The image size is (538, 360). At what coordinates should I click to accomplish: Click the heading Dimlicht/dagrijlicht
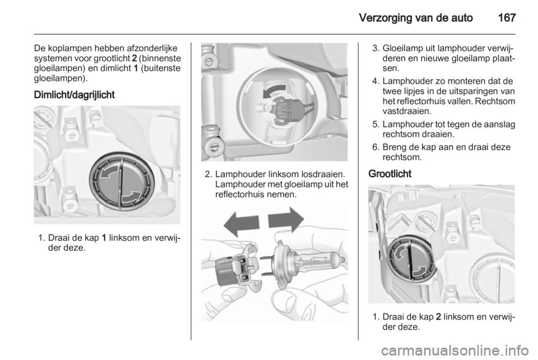74,95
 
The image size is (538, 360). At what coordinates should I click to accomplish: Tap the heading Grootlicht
390,174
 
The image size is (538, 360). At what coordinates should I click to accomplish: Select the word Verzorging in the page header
384,17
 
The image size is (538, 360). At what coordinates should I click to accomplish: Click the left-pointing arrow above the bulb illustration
241,223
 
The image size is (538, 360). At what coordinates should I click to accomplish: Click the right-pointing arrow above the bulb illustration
286,220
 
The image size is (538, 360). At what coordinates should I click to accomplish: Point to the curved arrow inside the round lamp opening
274,91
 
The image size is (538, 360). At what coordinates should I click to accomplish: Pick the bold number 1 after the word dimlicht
136,68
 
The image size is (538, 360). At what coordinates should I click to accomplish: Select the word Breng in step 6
395,147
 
